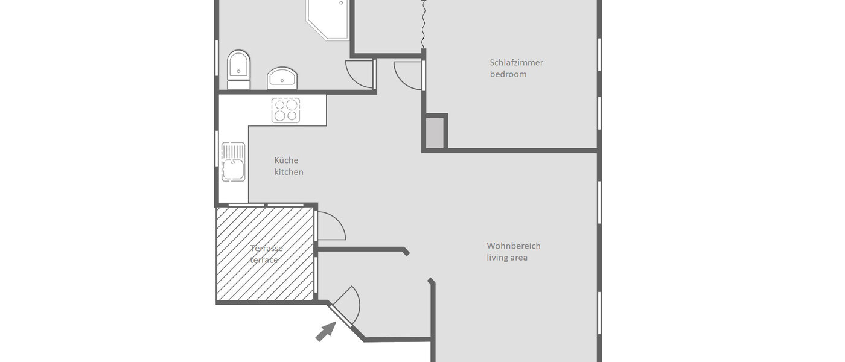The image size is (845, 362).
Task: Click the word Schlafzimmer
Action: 516,62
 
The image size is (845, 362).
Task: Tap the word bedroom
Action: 508,74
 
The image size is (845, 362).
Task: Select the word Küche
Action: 286,160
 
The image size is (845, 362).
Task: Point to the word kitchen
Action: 289,172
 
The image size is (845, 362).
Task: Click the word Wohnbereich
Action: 514,246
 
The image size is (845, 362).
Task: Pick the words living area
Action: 507,258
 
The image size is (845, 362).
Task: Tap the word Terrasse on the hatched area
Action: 266,248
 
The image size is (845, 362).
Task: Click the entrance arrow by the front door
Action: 325,331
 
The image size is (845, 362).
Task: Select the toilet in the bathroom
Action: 238,69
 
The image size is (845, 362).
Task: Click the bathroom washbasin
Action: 282,78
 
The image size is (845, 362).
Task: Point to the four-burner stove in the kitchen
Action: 285,110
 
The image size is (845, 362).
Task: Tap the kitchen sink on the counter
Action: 233,162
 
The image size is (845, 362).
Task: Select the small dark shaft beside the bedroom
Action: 435,133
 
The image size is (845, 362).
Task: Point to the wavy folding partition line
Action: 424,24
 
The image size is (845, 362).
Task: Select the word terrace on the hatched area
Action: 264,260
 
